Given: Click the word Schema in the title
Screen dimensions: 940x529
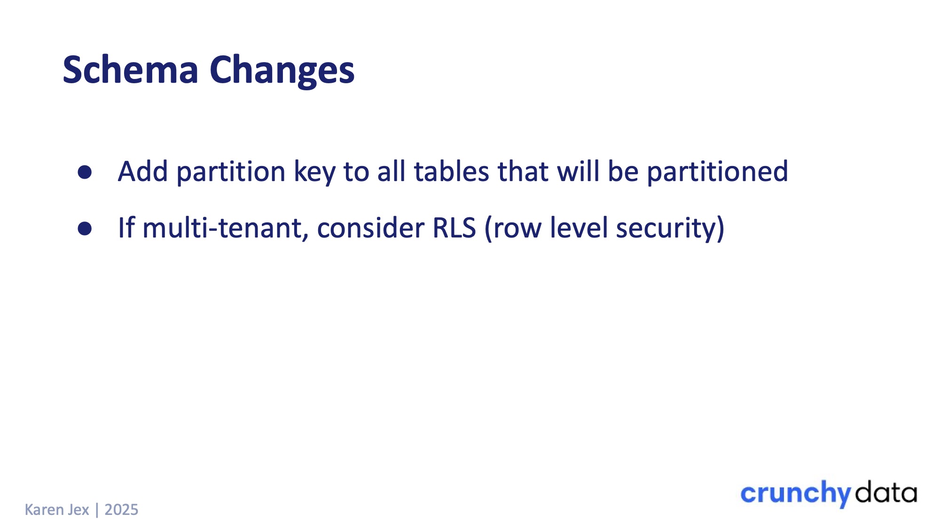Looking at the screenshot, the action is click(130, 70).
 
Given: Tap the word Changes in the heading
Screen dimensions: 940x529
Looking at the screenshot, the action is click(282, 71).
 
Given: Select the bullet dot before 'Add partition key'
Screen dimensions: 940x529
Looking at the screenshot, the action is click(85, 172).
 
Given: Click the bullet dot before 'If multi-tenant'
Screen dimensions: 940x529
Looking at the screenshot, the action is click(85, 229).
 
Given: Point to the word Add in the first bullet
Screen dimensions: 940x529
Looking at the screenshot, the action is click(143, 171).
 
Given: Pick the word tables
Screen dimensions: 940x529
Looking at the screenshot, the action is click(452, 171).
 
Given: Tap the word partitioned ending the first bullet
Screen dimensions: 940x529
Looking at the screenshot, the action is click(717, 172).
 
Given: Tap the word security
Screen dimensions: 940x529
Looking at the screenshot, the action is click(665, 229).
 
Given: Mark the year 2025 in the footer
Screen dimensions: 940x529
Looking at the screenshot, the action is click(121, 510).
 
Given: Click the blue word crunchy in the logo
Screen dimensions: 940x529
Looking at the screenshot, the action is click(796, 494).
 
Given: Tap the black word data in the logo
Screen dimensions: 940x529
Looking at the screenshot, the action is click(886, 492).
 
